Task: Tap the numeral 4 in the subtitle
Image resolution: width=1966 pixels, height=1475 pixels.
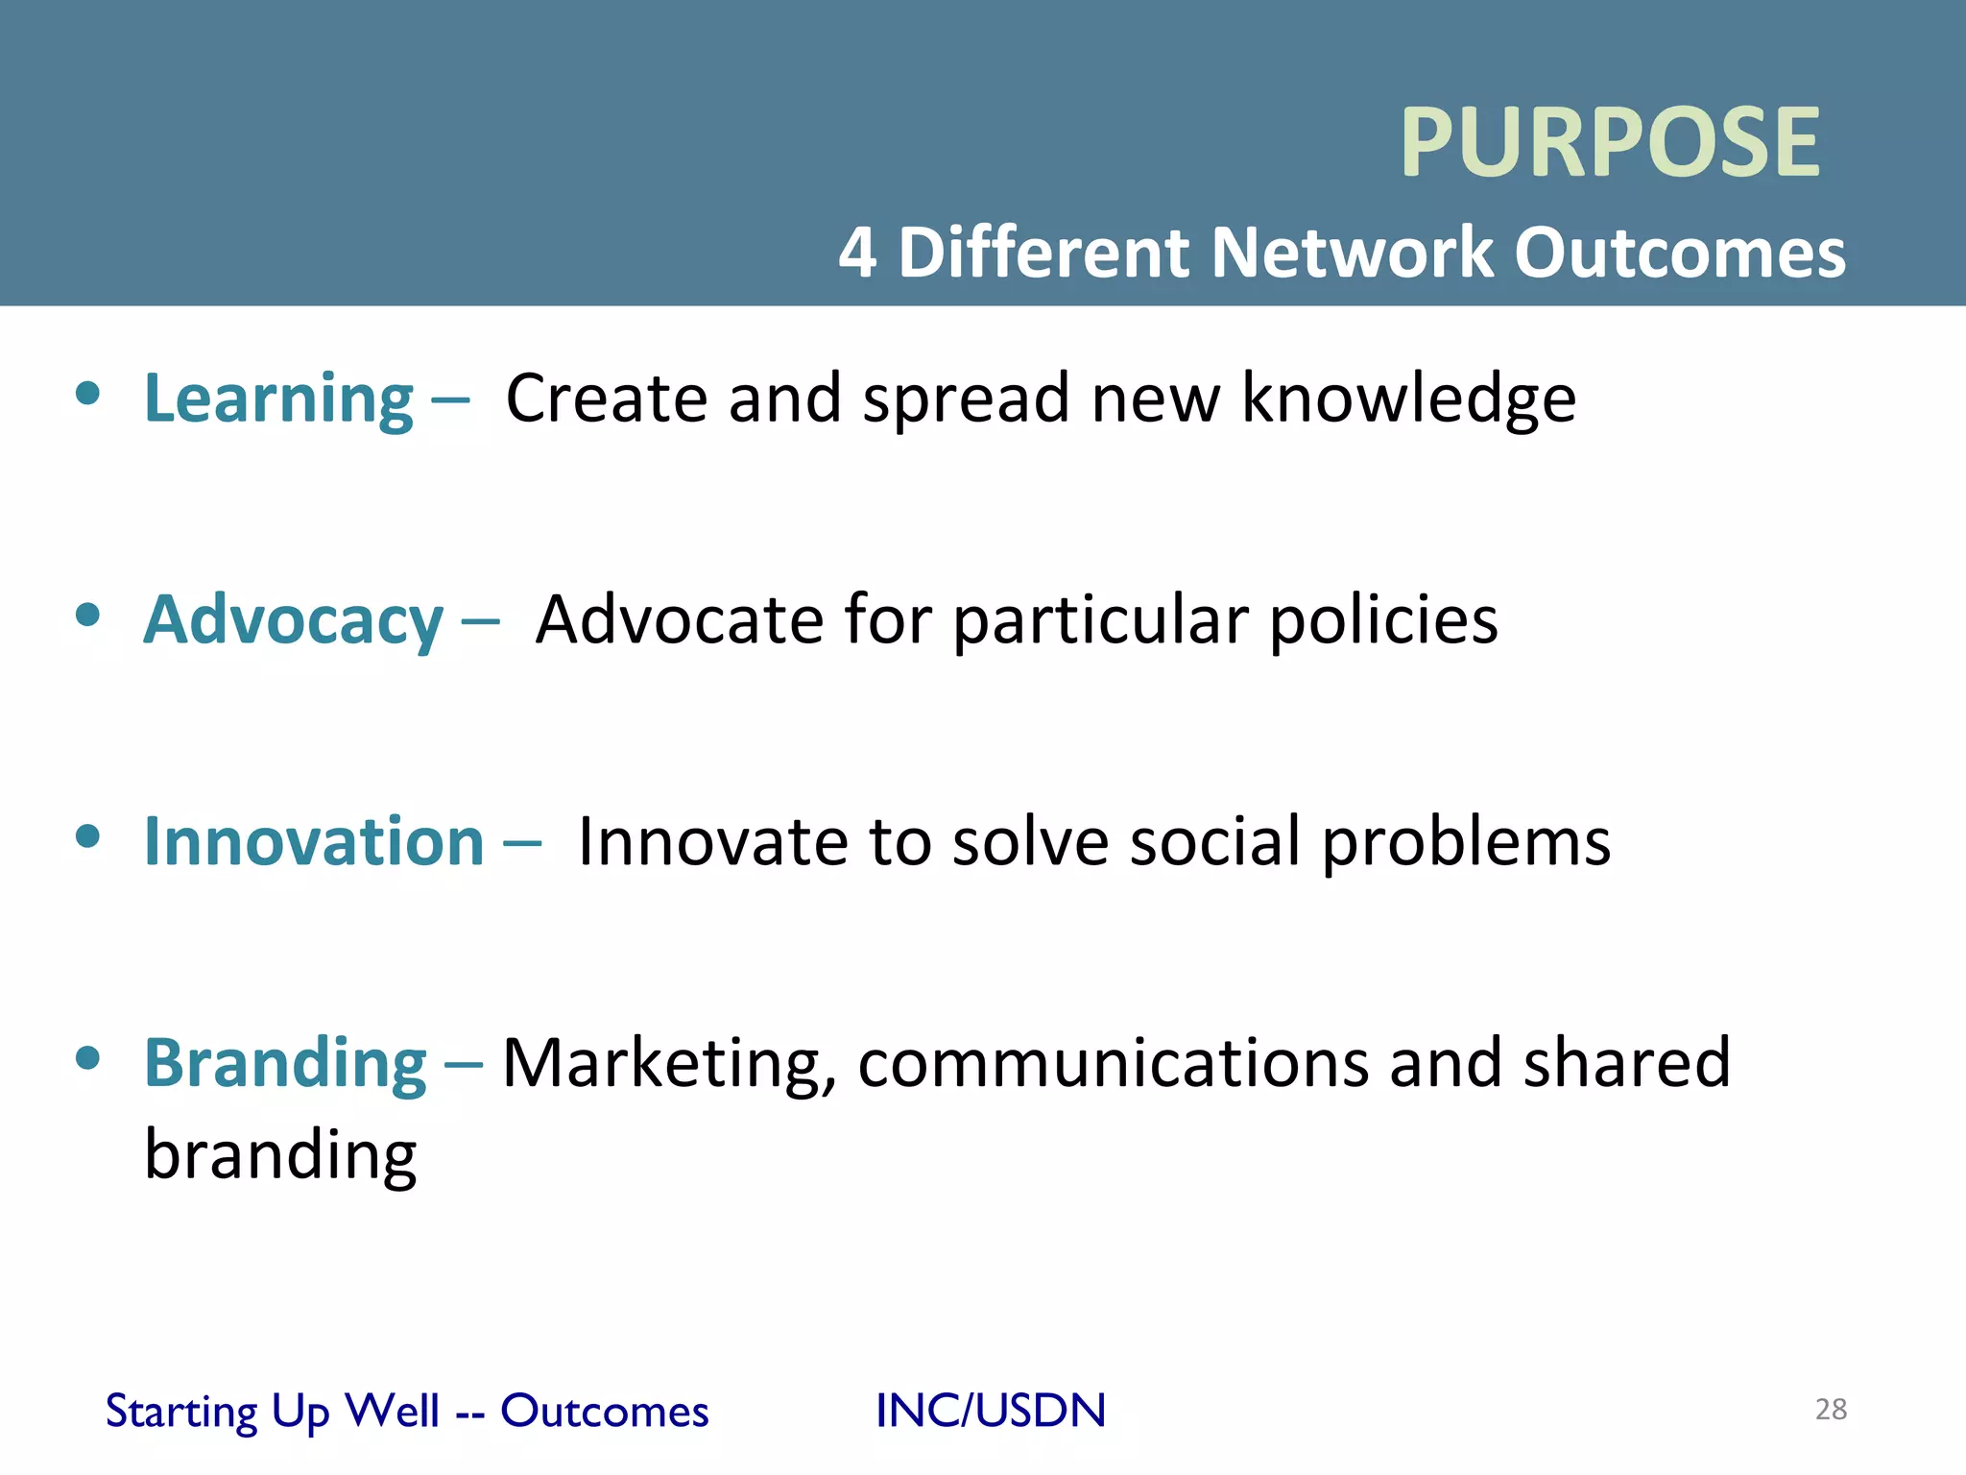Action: tap(856, 253)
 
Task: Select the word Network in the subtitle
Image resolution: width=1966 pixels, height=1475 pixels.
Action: tap(1352, 253)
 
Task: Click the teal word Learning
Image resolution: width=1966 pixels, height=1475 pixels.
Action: tap(278, 399)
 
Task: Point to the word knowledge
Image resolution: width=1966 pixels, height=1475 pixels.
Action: tap(1408, 399)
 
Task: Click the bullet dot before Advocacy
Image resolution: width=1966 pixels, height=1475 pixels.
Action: tap(87, 615)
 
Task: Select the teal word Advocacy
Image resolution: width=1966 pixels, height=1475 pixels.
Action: tap(293, 621)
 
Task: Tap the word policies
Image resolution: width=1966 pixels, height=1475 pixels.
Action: tap(1383, 621)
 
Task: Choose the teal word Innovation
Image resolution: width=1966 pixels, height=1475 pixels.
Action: tap(314, 842)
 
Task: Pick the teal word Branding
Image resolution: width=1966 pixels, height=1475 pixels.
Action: tap(285, 1065)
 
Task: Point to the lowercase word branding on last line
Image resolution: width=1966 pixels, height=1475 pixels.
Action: tap(280, 1155)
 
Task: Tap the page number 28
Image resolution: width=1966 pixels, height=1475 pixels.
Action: tap(1831, 1409)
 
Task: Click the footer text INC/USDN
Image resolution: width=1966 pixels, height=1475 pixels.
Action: tap(991, 1411)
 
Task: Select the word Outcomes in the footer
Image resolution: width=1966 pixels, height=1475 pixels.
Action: tap(604, 1411)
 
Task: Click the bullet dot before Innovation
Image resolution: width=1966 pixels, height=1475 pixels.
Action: tap(87, 836)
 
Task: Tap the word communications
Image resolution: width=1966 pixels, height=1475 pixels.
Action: tap(1113, 1063)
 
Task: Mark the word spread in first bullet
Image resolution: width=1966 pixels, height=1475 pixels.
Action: tap(966, 399)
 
